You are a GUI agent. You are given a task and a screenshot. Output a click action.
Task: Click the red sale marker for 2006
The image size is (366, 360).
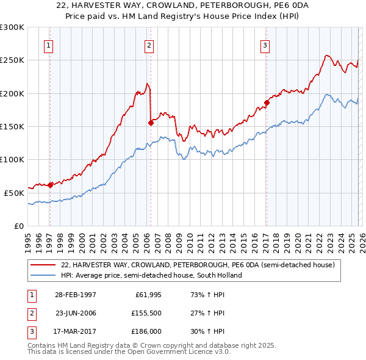(151, 123)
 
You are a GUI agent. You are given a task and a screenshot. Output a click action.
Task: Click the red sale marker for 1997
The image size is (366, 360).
(50, 185)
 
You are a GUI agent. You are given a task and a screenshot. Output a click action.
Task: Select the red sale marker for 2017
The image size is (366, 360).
(267, 103)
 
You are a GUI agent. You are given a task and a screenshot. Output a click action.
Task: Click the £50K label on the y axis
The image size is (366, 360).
(14, 193)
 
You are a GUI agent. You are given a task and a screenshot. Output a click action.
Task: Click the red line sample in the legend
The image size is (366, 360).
(43, 265)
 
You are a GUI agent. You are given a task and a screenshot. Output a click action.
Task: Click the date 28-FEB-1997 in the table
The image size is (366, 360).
(76, 295)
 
